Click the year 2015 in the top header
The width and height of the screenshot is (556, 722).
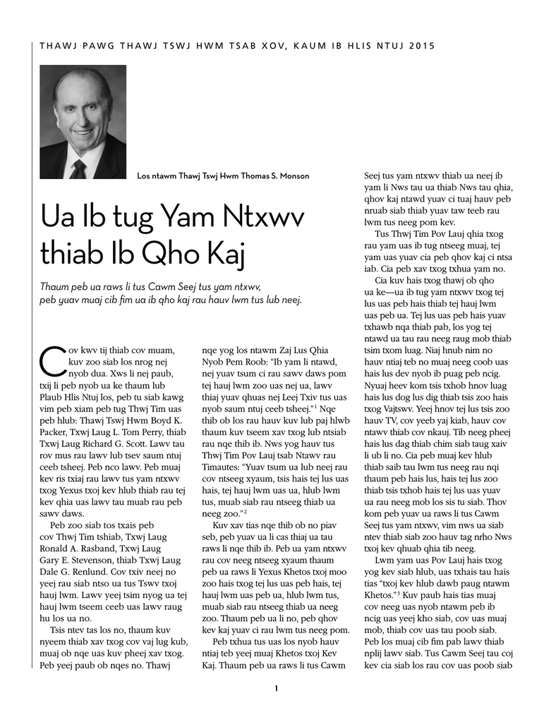(x=421, y=46)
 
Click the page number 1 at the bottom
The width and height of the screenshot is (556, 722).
(x=277, y=688)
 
